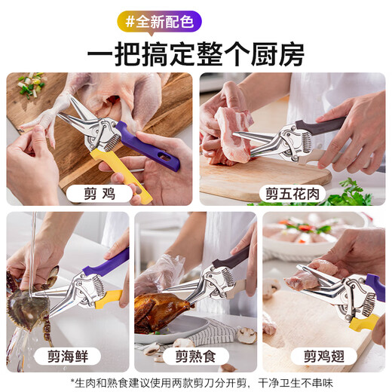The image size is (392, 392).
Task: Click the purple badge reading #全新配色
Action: pos(159,21)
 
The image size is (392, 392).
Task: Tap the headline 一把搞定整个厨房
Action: pos(195,54)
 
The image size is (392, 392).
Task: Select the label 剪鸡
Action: pos(101,192)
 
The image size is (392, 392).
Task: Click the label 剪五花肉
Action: pos(292,192)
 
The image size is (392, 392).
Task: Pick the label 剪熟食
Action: pos(194,356)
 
